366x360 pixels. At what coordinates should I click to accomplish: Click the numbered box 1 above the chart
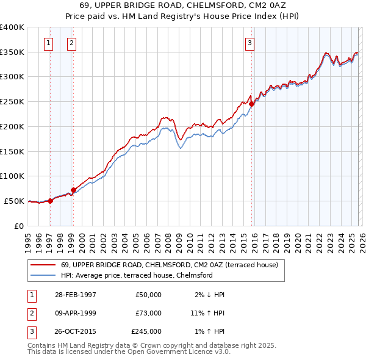[48, 43]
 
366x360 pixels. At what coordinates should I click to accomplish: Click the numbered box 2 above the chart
[71, 43]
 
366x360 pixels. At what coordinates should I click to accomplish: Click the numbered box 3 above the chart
[249, 43]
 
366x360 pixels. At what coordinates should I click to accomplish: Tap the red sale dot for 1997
[51, 201]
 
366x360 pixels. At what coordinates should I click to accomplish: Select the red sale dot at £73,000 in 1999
[73, 190]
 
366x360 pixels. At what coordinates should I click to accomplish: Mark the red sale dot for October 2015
[251, 104]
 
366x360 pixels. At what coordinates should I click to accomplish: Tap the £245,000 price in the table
[146, 331]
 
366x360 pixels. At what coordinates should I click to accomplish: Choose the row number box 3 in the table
[30, 331]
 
